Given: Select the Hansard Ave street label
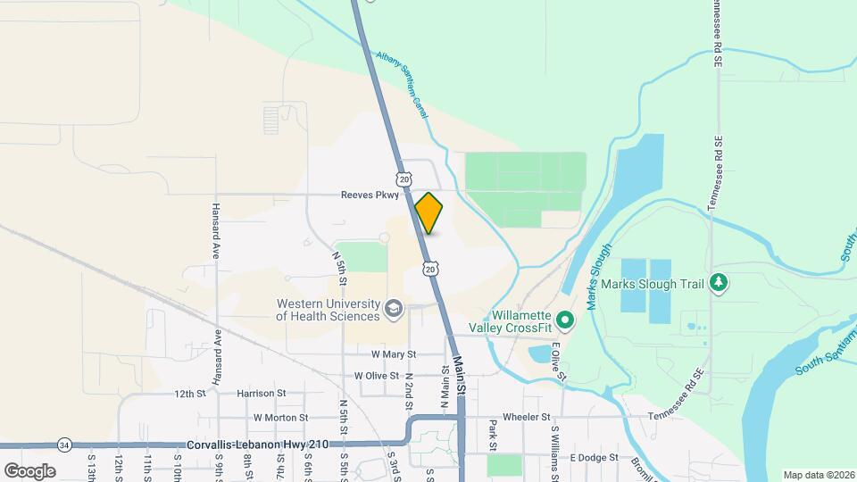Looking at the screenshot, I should pos(216,231).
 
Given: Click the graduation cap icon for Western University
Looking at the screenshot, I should pos(393,310).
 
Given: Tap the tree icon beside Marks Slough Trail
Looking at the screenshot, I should pos(720,284).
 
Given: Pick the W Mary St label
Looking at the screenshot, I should pos(387,353).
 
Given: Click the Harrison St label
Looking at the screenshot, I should pos(261,393).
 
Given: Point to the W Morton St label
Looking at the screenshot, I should pos(280,417).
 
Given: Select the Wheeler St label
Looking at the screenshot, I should pos(527,417).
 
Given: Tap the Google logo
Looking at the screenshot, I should pos(29,470).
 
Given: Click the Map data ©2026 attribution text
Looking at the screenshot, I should pos(818,474).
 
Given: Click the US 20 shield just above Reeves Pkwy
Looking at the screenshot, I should pos(405,179).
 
